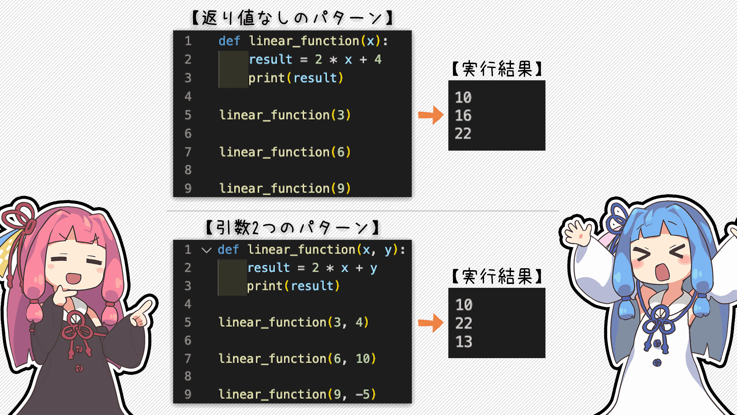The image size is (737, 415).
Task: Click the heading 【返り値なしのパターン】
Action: (x=292, y=18)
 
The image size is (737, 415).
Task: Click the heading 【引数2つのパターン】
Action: (x=292, y=227)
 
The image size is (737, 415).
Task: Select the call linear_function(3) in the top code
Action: (x=285, y=115)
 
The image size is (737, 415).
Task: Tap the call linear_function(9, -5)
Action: (x=297, y=394)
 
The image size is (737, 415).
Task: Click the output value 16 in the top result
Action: (x=463, y=115)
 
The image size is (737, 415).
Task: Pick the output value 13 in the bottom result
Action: (x=464, y=342)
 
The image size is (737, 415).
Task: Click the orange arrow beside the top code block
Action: (x=431, y=115)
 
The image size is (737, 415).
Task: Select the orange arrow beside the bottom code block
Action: (x=431, y=323)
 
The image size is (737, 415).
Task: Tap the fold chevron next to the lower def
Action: (x=207, y=251)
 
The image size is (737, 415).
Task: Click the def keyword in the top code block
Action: (x=229, y=41)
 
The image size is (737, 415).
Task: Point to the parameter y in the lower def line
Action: (x=388, y=250)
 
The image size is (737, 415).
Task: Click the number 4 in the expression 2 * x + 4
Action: (x=378, y=59)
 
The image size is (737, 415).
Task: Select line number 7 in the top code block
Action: (x=188, y=152)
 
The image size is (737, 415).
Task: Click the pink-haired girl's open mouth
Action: (x=73, y=278)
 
